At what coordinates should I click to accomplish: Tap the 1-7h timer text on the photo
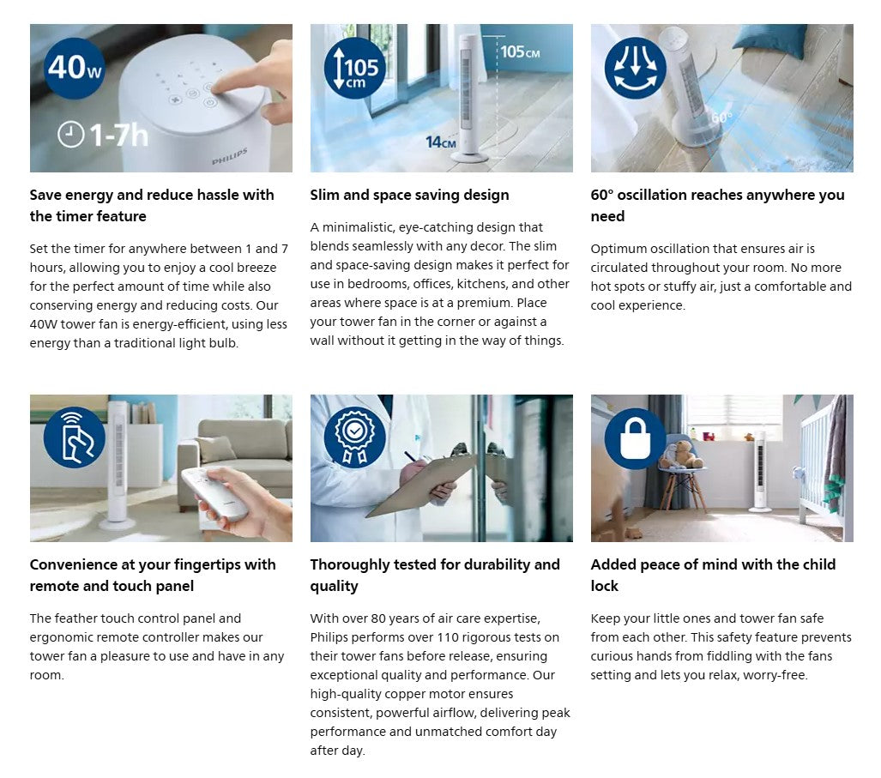104,135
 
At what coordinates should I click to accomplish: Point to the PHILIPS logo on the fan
229,156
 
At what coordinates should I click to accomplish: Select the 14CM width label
441,142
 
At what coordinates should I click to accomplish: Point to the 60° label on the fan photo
721,117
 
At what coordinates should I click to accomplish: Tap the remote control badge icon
74,437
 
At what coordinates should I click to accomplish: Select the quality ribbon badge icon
354,437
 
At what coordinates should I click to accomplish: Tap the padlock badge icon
635,437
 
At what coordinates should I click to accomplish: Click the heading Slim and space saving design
409,195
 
